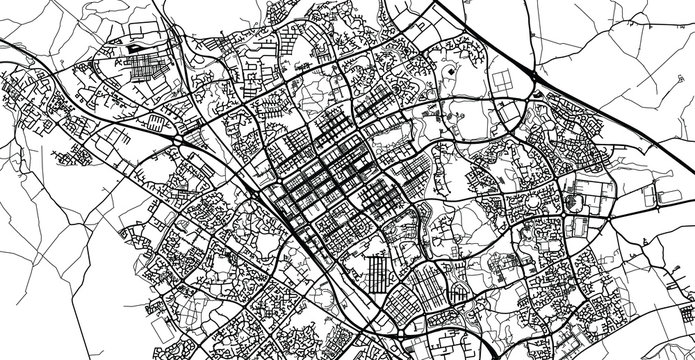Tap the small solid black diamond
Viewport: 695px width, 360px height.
(x=451, y=73)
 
